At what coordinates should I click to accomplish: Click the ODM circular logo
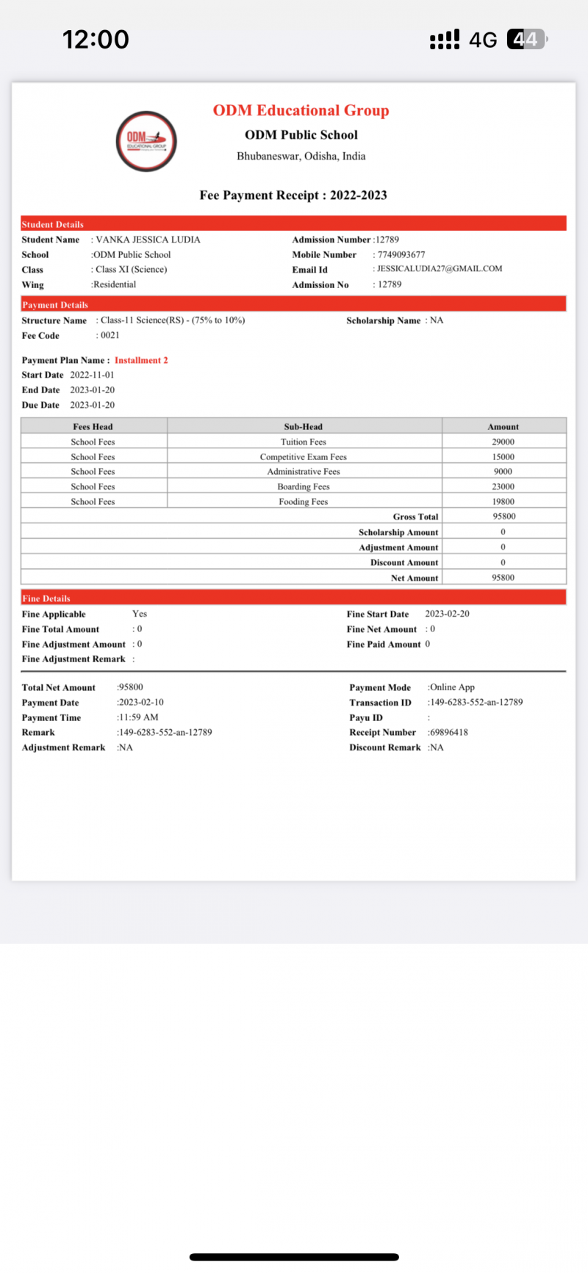tap(146, 141)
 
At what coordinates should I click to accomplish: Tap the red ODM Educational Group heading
tap(301, 110)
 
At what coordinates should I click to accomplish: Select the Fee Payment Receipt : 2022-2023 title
tap(293, 195)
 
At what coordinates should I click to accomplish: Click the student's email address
tap(440, 269)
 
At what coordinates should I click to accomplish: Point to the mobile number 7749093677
tap(401, 254)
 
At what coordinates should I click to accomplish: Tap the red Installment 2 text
tap(141, 360)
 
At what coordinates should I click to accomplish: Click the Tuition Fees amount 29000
tap(503, 442)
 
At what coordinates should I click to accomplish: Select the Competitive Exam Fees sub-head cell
tap(303, 457)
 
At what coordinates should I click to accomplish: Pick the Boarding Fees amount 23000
tap(503, 487)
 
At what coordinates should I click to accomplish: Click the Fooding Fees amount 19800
tap(503, 501)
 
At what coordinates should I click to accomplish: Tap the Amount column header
tap(503, 426)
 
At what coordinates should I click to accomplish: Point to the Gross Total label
tap(415, 517)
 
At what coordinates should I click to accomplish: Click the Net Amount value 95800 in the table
tap(503, 578)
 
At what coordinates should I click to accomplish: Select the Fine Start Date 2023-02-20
tap(447, 614)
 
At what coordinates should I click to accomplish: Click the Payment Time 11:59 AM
tap(138, 717)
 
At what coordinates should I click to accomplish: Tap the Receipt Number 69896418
tap(448, 732)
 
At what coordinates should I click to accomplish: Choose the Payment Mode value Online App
tap(452, 687)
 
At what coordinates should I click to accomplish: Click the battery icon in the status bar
tap(526, 39)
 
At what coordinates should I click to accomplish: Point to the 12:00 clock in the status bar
tap(96, 39)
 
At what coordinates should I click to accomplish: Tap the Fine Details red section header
tap(293, 598)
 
